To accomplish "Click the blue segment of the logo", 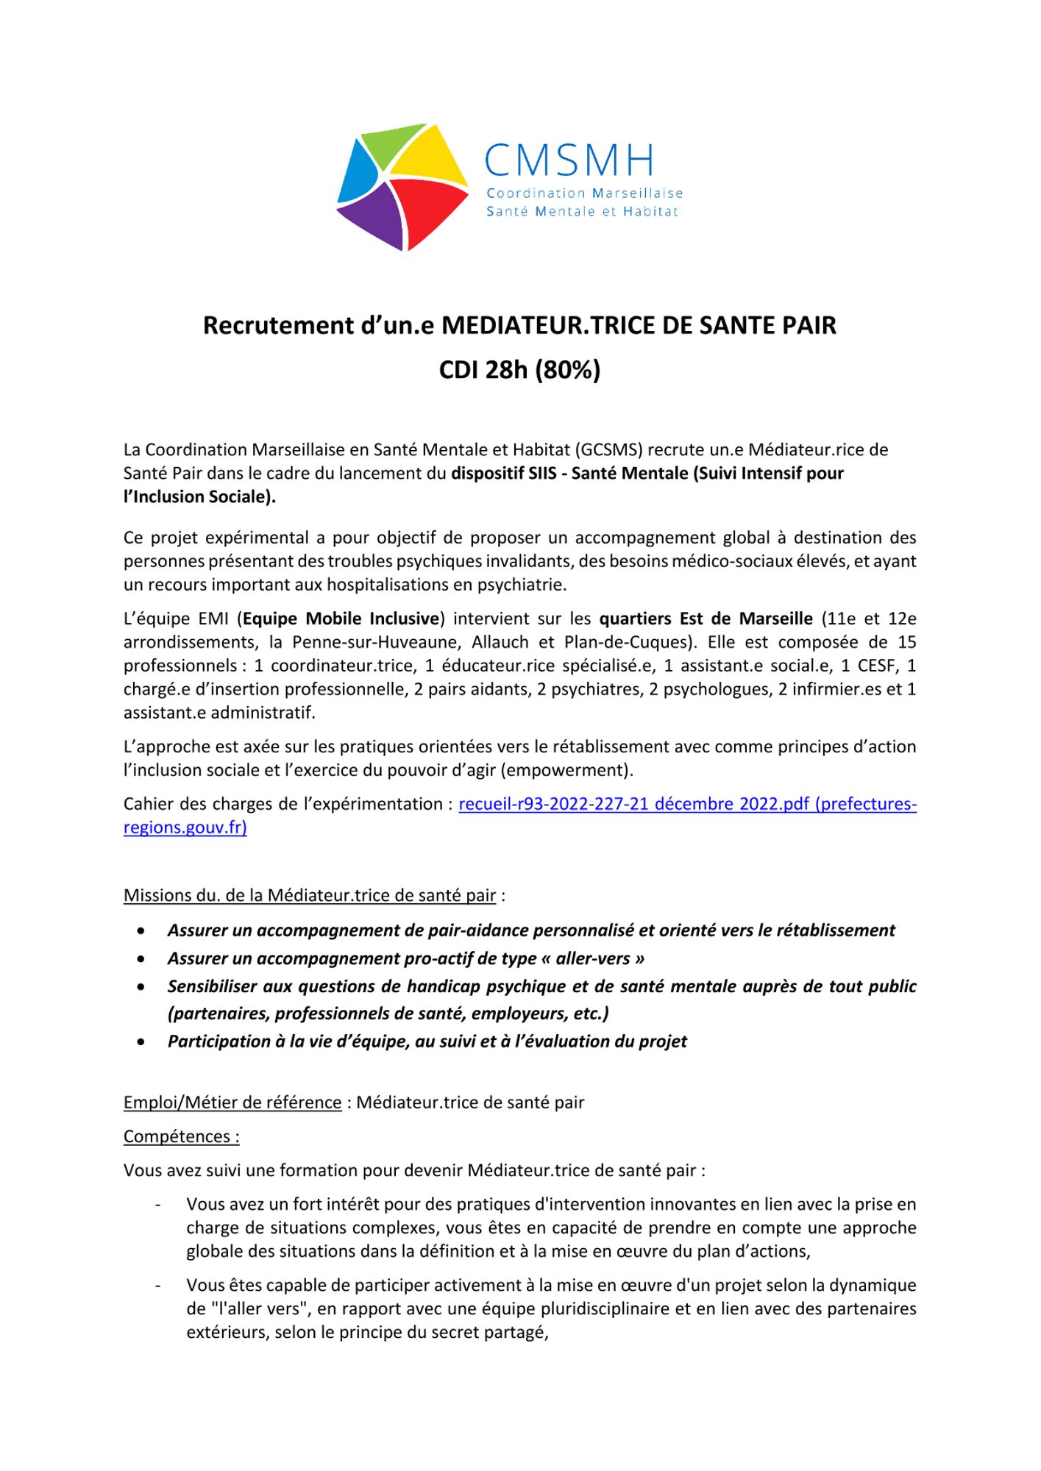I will pyautogui.click(x=356, y=173).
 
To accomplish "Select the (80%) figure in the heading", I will pyautogui.click(x=568, y=369).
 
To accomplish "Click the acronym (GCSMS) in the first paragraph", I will pyautogui.click(x=609, y=449).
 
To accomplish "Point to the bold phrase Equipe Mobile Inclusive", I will pyautogui.click(x=341, y=619).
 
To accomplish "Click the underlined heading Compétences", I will pyautogui.click(x=181, y=1136).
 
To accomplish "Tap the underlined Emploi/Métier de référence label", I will pyautogui.click(x=232, y=1103).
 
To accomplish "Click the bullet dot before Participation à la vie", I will pyautogui.click(x=141, y=1042).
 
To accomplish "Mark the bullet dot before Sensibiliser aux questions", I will pyautogui.click(x=141, y=987).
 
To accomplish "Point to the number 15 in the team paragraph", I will pyautogui.click(x=906, y=642).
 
